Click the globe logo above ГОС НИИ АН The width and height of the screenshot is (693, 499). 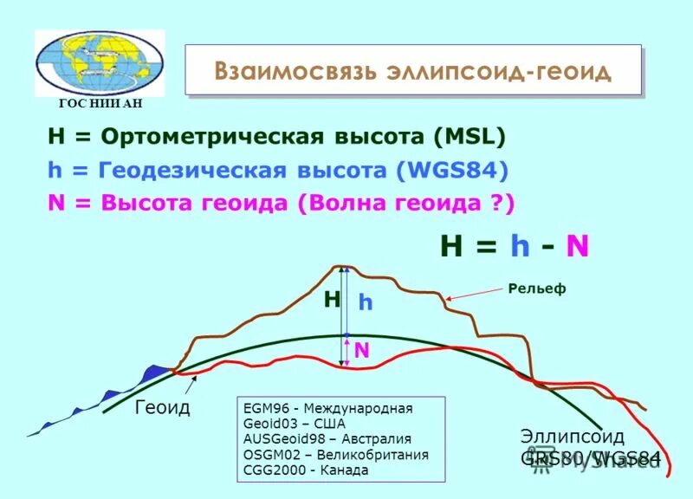coord(100,62)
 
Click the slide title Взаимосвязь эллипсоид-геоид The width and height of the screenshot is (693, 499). coord(412,70)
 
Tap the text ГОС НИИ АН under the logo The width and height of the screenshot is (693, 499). coord(100,103)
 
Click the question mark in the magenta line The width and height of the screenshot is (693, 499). coord(498,203)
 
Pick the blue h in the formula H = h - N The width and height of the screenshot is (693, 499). coord(519,246)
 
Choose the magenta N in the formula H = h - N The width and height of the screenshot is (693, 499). coord(577,246)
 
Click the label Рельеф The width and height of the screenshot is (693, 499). coord(536,288)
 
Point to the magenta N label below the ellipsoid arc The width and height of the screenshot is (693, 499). coord(361,349)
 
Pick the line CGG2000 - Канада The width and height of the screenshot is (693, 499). coord(306,470)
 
